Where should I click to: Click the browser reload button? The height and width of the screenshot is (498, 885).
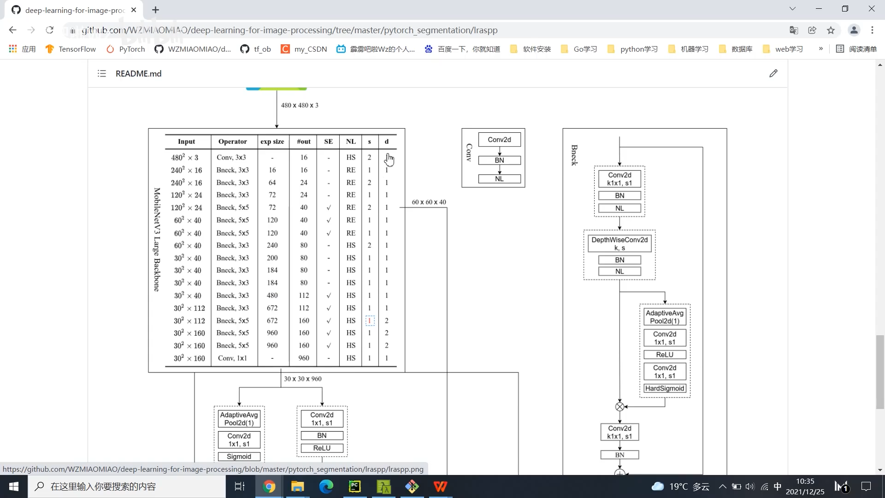coord(50,30)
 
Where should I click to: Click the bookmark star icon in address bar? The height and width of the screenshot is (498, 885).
coord(831,30)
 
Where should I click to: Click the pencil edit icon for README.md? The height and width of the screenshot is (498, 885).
coord(773,73)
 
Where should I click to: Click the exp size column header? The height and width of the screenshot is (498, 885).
coord(272,142)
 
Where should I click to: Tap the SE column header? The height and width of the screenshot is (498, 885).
coord(328,142)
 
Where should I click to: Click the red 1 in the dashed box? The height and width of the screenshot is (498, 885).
coord(370,320)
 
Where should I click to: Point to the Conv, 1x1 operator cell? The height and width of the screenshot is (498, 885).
coord(232,358)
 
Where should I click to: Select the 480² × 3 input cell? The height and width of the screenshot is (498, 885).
coord(184,158)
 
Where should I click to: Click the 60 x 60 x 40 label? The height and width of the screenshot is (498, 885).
coord(429,202)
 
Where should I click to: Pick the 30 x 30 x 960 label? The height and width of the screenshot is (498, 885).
coord(303,379)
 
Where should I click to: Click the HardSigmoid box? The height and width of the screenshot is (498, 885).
coord(665,389)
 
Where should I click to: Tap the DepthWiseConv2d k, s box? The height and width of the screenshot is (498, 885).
coord(619,243)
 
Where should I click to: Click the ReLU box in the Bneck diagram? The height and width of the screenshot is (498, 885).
coord(665,355)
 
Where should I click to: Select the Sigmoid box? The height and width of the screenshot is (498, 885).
coord(239,456)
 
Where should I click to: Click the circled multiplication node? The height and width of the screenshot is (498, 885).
coord(620,407)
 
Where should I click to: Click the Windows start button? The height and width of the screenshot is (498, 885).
coord(14,486)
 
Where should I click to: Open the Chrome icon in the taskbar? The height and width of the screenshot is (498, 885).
coord(269,486)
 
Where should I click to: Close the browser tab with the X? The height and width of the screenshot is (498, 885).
coord(134,10)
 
